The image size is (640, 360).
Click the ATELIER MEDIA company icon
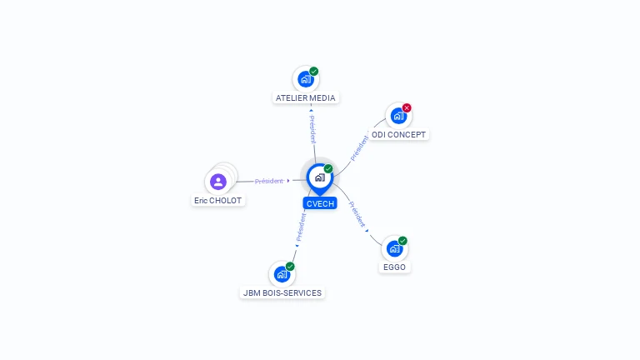306,79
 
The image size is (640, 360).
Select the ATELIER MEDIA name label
306,98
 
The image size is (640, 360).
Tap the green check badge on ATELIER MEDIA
314,72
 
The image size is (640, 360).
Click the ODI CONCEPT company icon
398,116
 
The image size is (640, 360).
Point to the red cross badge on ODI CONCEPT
407,107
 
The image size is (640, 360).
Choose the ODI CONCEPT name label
399,135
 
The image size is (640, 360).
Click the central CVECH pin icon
320,179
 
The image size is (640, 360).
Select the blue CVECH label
320,203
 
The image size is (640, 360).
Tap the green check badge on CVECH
328,168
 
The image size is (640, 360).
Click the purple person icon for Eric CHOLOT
218,182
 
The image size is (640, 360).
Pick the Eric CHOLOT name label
218,200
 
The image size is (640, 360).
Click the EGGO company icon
394,248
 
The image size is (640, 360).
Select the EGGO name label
394,267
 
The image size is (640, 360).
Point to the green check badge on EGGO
402,241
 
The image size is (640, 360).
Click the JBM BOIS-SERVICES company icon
282,274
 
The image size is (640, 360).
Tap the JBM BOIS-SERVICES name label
282,293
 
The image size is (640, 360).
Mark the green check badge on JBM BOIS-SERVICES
290,267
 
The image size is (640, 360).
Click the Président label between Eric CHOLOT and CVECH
268,181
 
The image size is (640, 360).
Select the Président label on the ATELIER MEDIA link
312,129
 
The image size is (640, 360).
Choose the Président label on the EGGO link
357,214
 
